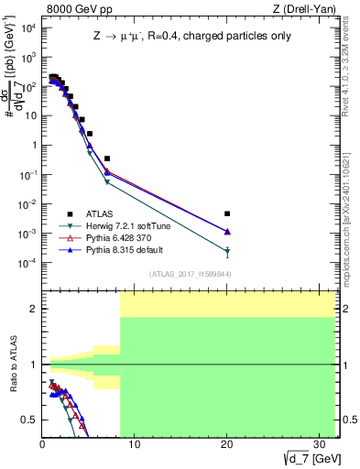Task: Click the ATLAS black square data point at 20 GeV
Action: pos(227,213)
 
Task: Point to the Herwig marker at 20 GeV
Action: pos(227,251)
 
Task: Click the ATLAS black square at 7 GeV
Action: pos(107,158)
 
